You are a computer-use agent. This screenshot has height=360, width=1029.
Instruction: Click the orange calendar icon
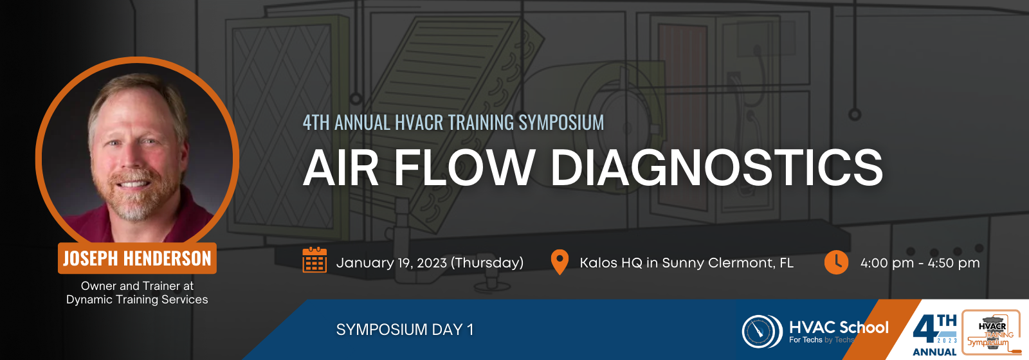[314, 260]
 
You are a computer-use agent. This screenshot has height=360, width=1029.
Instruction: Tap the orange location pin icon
[560, 262]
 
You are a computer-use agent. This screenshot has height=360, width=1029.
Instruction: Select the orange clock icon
[836, 262]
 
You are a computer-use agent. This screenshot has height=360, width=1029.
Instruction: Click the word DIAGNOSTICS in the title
[716, 167]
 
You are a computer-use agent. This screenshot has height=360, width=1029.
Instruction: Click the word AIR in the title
[340, 167]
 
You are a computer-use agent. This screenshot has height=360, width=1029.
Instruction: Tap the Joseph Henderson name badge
[137, 258]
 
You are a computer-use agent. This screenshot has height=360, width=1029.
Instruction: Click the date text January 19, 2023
[392, 263]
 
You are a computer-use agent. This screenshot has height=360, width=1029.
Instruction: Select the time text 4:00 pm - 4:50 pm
[920, 263]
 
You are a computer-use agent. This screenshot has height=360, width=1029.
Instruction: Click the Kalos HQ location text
[686, 263]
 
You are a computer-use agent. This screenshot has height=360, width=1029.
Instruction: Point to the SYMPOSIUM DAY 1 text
[405, 330]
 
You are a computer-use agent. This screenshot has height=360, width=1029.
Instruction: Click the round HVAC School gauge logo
[761, 331]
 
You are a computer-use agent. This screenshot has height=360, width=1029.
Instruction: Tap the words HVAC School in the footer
[839, 327]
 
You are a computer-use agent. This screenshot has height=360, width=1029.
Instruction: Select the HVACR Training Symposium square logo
[991, 332]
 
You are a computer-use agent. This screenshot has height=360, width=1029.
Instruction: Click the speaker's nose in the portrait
[134, 161]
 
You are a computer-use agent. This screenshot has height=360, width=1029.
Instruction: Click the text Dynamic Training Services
[137, 300]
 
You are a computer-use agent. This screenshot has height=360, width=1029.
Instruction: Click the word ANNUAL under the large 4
[934, 352]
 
